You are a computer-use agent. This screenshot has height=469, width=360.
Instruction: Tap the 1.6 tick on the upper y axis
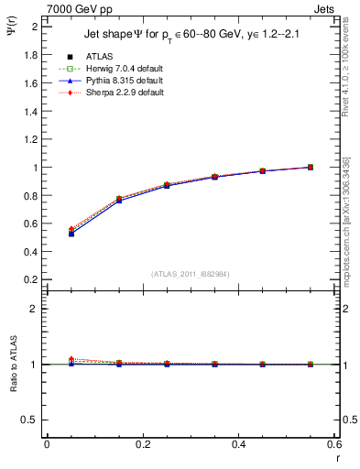point(30,83)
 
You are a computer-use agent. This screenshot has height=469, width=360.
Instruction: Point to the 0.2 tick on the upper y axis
point(30,279)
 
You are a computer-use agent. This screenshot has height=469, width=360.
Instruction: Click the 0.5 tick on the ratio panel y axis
point(30,420)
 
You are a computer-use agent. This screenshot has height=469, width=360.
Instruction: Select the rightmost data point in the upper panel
point(311,167)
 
